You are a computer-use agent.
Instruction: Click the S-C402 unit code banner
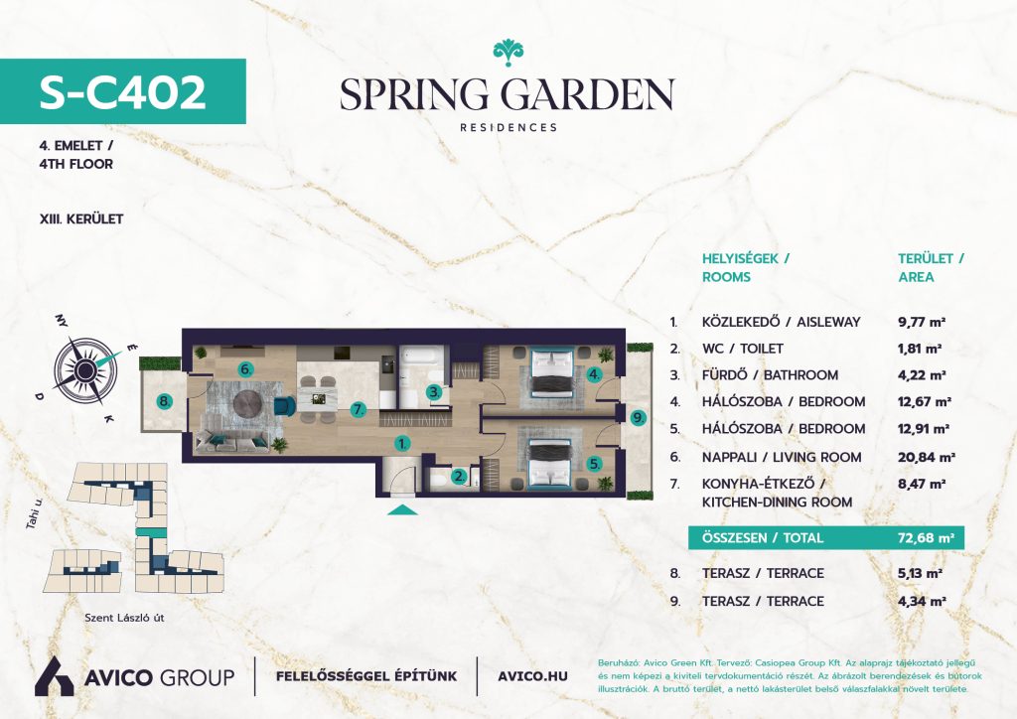pyautogui.click(x=122, y=91)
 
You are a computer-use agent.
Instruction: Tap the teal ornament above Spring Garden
pyautogui.click(x=508, y=53)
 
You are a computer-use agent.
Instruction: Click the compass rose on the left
pyautogui.click(x=85, y=369)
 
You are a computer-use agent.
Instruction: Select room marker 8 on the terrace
pyautogui.click(x=165, y=402)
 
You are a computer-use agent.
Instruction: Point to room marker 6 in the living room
pyautogui.click(x=245, y=369)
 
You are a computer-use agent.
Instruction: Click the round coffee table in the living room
pyautogui.click(x=248, y=404)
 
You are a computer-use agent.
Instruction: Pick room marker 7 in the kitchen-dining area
pyautogui.click(x=358, y=409)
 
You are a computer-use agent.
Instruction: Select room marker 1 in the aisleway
pyautogui.click(x=403, y=444)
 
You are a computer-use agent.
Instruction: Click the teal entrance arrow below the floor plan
pyautogui.click(x=402, y=509)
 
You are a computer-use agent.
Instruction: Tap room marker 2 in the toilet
pyautogui.click(x=459, y=477)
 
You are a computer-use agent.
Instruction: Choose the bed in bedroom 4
pyautogui.click(x=552, y=372)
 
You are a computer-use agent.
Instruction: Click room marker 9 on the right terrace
pyautogui.click(x=639, y=418)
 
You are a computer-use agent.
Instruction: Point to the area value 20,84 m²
pyautogui.click(x=927, y=457)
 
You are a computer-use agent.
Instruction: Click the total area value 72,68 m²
pyautogui.click(x=926, y=537)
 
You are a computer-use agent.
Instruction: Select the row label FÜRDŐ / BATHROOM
pyautogui.click(x=770, y=374)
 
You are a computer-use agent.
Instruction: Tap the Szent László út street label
pyautogui.click(x=124, y=618)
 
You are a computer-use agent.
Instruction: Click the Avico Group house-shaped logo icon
pyautogui.click(x=54, y=676)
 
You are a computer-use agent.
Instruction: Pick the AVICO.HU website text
pyautogui.click(x=532, y=676)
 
